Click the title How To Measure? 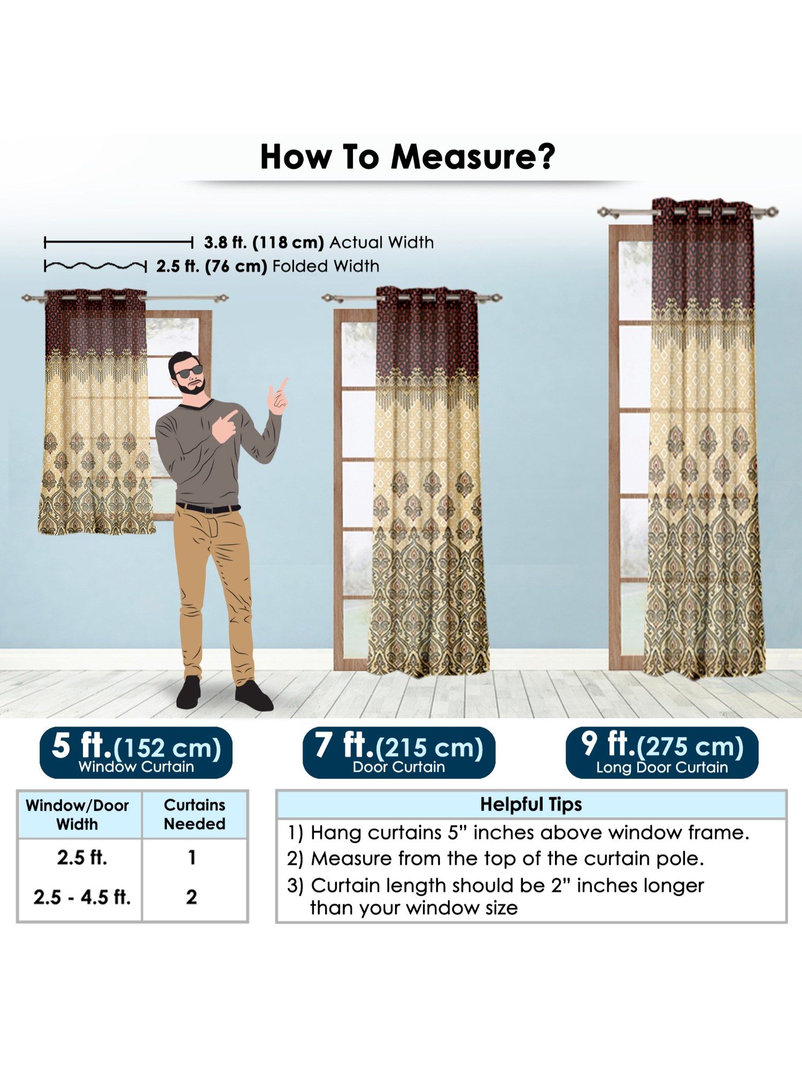[407, 157]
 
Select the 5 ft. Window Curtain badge [136, 752]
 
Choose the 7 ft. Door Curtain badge [399, 752]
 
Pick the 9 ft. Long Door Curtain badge [662, 752]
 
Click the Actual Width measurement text [319, 243]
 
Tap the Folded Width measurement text [268, 266]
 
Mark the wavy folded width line [95, 266]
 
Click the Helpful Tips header [531, 804]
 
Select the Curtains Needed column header [195, 814]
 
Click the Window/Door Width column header [78, 815]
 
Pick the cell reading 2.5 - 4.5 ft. [82, 897]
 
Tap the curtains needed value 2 [191, 897]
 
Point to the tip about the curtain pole [496, 858]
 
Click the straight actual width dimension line [118, 243]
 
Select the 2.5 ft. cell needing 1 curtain [82, 857]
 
